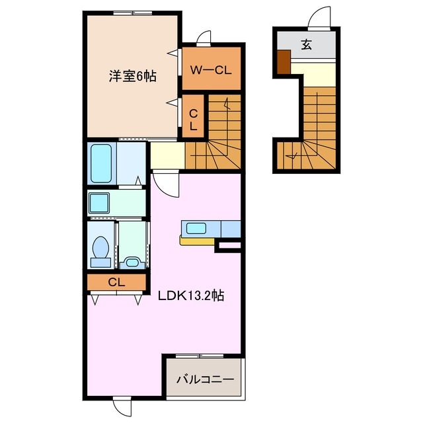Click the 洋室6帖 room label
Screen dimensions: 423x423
[132, 76]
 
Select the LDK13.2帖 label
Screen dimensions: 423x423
[190, 296]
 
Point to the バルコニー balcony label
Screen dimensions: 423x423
[205, 380]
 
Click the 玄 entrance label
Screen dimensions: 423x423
[307, 45]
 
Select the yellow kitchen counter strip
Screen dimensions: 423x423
[197, 241]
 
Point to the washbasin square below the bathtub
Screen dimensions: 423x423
[100, 202]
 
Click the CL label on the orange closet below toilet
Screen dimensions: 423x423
[116, 282]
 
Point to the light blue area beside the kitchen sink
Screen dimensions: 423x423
[229, 228]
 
